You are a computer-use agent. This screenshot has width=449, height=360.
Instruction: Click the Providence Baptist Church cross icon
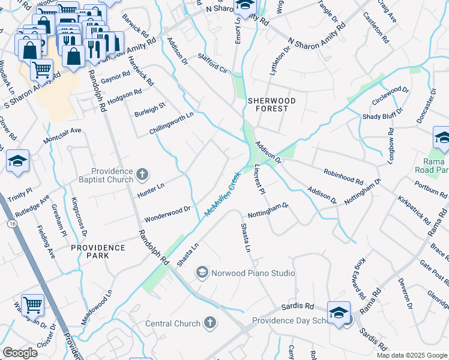[x=142, y=175]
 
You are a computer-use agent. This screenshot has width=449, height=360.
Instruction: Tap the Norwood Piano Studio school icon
[x=202, y=274]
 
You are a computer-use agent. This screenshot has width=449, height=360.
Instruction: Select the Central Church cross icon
[x=210, y=324]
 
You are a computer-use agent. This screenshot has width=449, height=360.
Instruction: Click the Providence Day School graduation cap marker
[x=339, y=313]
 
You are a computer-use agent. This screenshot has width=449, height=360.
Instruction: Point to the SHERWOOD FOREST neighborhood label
[x=271, y=105]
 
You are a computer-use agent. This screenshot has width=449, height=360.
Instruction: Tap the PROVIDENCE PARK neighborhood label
[x=98, y=251]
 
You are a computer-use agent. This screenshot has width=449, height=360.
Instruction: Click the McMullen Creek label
[x=222, y=194]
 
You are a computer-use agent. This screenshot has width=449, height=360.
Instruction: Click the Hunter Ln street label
[x=151, y=188]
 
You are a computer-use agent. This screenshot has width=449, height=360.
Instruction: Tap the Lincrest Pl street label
[x=259, y=180]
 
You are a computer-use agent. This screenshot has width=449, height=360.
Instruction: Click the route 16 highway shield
[x=11, y=223]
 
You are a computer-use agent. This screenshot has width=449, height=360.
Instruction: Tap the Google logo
[x=20, y=353]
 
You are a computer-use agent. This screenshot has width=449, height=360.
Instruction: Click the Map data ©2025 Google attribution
[x=411, y=355]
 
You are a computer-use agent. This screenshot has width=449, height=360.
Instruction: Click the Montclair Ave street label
[x=61, y=135]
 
